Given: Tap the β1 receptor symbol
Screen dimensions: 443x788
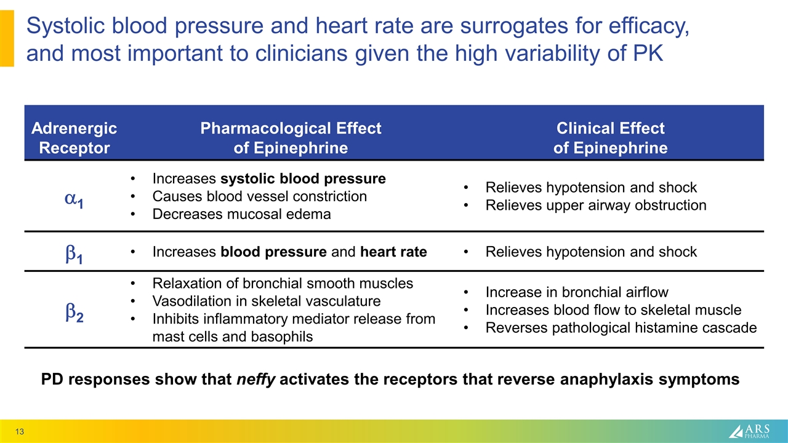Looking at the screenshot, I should pos(74,253).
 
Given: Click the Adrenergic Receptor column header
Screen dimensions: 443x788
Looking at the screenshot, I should pos(74,138).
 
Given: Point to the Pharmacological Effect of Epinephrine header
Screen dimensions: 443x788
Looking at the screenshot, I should pos(291,138).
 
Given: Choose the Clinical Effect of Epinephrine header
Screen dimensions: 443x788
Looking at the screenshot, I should pos(610,138).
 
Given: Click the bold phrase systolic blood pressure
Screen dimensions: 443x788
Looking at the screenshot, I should pos(303,179).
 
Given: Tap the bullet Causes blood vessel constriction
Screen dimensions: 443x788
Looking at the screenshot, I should pos(259,196).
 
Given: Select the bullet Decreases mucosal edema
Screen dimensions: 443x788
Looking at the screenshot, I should pos(241,214).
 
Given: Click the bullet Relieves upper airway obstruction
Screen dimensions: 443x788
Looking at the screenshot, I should pos(596,205).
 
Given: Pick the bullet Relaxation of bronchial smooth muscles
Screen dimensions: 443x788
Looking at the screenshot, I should pos(283,284).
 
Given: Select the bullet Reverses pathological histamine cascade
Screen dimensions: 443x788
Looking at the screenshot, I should pos(621,327).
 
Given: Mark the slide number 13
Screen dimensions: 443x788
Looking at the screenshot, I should pos(20,433).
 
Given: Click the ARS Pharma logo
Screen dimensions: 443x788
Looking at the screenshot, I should pos(752,431).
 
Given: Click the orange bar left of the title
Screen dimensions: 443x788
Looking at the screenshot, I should pos(7,38).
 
